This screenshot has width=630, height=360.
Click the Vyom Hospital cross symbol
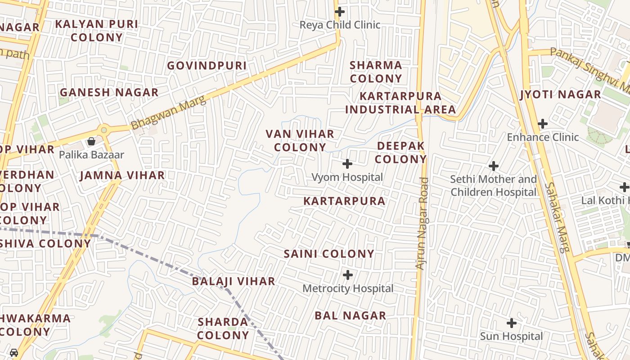tap(347, 164)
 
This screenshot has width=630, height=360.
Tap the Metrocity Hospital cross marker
tap(348, 274)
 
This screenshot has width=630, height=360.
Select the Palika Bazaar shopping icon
tap(91, 141)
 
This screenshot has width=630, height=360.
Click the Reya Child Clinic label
tap(340, 25)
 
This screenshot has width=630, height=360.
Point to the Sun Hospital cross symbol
tap(511, 323)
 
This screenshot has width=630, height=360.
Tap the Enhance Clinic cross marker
tap(543, 124)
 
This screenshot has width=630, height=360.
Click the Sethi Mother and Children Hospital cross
tap(494, 166)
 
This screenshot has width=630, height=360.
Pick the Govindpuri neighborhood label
tap(207, 66)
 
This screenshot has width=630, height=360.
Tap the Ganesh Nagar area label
tap(109, 93)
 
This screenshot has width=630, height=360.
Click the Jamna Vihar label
tap(122, 175)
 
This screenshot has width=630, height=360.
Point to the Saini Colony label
tap(329, 254)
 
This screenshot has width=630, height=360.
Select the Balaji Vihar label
tap(234, 281)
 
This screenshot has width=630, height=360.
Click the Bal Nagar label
tap(350, 315)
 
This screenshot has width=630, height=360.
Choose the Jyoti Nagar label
tap(560, 94)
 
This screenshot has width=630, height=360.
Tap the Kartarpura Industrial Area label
tap(400, 103)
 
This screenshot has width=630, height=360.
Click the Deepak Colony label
tap(400, 153)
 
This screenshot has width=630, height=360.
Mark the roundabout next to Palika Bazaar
tap(104, 130)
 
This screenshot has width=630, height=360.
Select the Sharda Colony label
tap(223, 328)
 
